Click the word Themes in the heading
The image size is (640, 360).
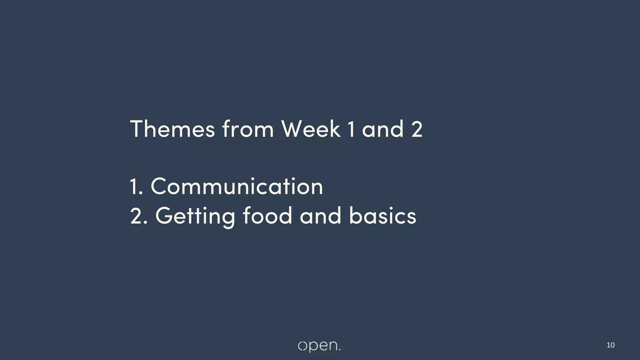(172, 129)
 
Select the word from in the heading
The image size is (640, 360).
(248, 129)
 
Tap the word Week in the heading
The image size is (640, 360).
(311, 129)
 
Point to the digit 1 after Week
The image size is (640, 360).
(352, 129)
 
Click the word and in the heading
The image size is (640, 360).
(383, 129)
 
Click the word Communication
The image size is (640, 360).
(237, 187)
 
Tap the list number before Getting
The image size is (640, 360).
(138, 216)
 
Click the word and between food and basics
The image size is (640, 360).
(320, 216)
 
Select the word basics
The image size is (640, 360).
(382, 216)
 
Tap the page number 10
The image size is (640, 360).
(610, 345)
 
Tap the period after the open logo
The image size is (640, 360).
(339, 350)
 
